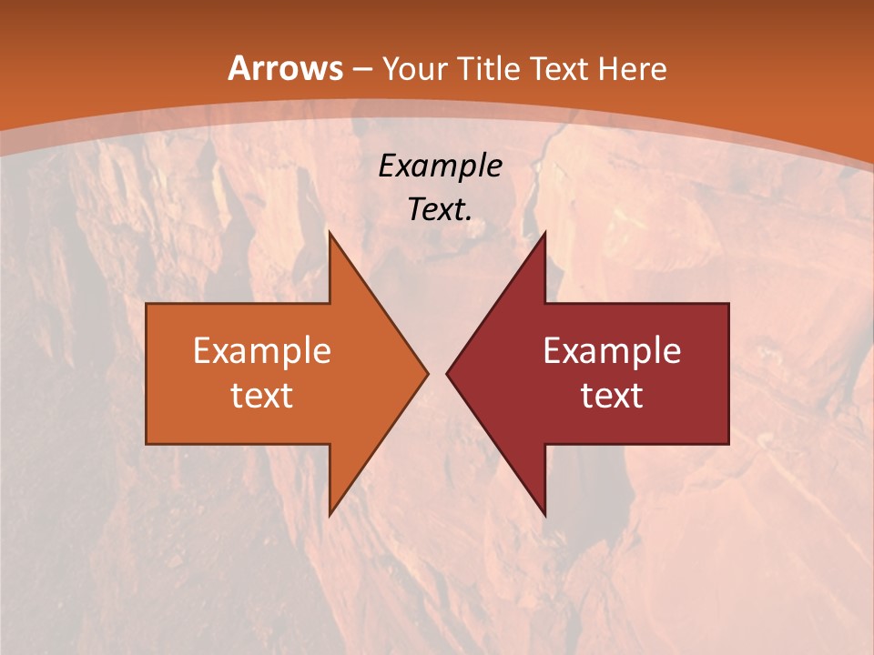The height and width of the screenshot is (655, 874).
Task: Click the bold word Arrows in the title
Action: (286, 68)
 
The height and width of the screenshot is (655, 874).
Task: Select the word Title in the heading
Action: (490, 68)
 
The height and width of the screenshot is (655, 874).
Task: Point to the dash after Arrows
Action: (361, 69)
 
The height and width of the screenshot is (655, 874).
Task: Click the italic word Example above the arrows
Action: (440, 166)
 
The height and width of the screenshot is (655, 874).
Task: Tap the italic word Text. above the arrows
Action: (440, 209)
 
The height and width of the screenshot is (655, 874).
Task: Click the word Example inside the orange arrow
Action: (261, 350)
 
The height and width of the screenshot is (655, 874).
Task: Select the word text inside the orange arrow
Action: (261, 396)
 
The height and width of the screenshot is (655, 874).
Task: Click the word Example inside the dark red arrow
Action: (612, 350)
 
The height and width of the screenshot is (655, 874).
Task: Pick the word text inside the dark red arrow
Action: (612, 396)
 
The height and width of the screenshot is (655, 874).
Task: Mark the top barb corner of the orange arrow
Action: (330, 233)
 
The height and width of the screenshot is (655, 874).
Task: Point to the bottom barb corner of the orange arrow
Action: (330, 514)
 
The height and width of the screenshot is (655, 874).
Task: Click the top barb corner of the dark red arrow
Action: (544, 233)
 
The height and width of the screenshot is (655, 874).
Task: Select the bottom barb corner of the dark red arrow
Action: (544, 514)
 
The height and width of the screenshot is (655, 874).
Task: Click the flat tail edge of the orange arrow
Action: (147, 373)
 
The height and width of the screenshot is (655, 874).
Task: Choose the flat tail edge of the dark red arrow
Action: (727, 373)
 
